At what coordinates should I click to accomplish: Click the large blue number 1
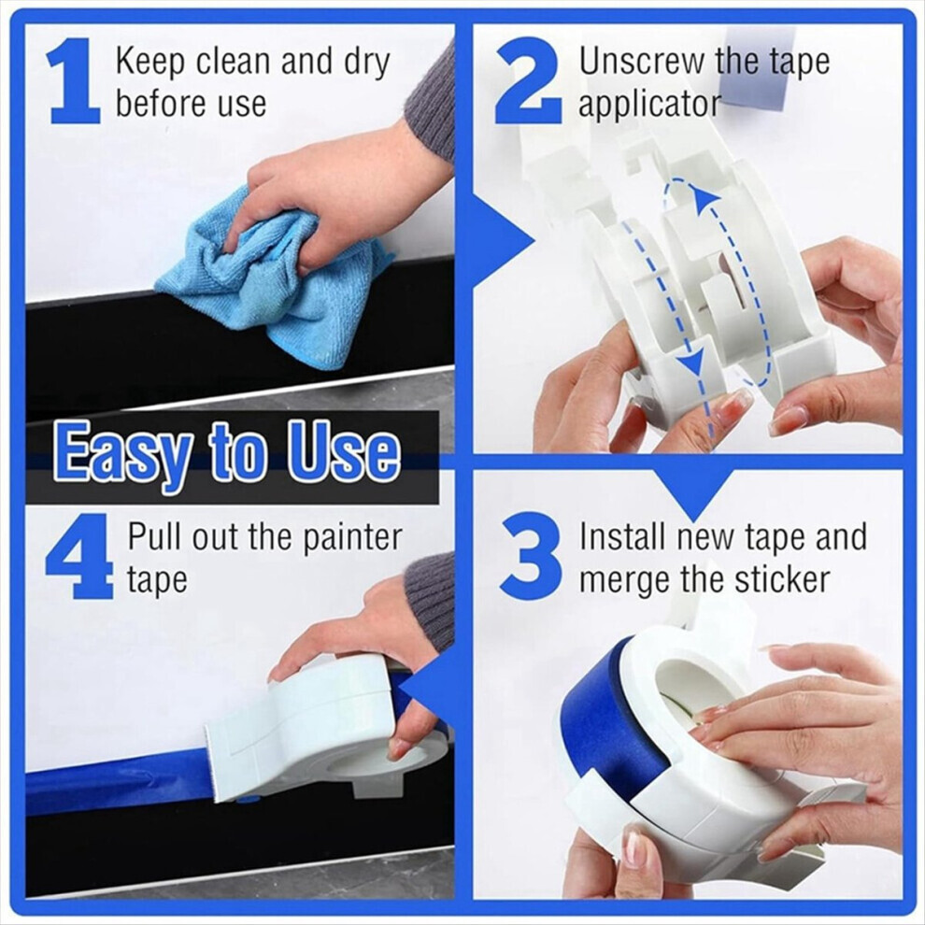tap(74, 80)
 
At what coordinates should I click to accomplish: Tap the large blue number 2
tap(528, 80)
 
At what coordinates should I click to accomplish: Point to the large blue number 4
tap(79, 556)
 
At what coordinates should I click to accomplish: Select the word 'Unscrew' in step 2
tap(642, 62)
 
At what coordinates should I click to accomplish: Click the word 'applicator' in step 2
tap(649, 105)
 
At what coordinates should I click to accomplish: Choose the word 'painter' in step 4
tap(352, 538)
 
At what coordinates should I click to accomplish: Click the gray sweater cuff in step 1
tap(434, 97)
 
